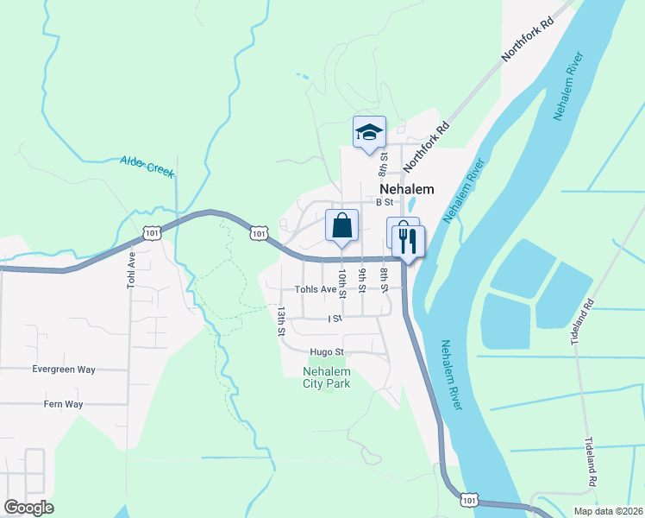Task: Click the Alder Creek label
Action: [148, 167]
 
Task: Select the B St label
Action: [385, 202]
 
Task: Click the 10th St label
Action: [342, 282]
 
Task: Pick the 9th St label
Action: [363, 282]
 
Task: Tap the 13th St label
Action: [281, 319]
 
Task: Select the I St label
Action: [335, 319]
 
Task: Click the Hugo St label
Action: [328, 352]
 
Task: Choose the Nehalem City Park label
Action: [327, 377]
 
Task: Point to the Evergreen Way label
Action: [64, 369]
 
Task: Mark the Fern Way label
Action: [64, 403]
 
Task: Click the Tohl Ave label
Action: [132, 269]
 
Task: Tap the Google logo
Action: [29, 507]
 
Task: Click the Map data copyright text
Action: [608, 511]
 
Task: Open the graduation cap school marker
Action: [369, 133]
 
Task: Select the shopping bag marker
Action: [342, 226]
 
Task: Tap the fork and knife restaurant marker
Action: [409, 241]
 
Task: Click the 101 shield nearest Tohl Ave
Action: [152, 233]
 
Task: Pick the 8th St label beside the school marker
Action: [384, 161]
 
